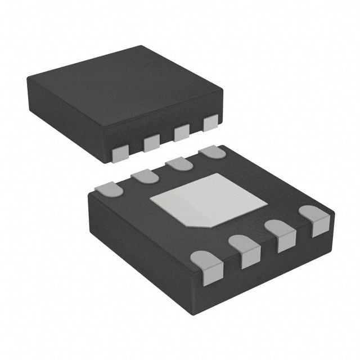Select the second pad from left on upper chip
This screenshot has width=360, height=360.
click(x=152, y=143)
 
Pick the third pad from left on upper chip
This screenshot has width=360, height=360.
click(x=182, y=133)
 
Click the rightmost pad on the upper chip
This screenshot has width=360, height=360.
click(x=210, y=123)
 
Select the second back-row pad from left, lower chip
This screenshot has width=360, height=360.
click(x=144, y=177)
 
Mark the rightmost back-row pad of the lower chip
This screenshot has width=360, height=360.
click(x=212, y=152)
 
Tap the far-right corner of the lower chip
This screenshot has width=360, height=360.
click(x=335, y=214)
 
